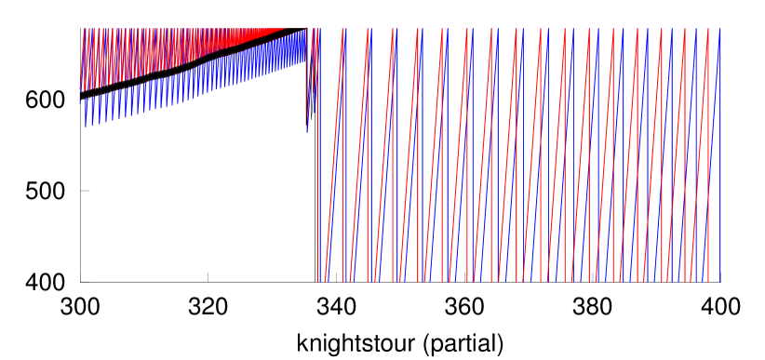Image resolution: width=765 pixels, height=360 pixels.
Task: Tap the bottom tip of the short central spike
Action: [x=307, y=131]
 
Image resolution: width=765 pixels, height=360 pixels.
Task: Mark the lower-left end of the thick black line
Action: [x=82, y=93]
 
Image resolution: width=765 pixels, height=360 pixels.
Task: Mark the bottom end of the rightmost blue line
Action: [x=720, y=279]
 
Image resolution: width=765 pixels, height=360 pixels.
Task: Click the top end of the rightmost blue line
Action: [x=720, y=30]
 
